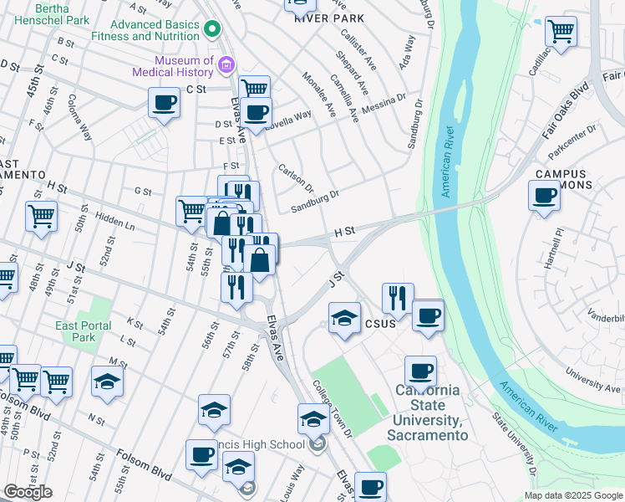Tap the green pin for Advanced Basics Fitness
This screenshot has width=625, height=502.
pyautogui.click(x=212, y=29)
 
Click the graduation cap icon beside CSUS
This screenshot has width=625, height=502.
pyautogui.click(x=343, y=319)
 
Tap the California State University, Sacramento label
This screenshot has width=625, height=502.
pyautogui.click(x=427, y=412)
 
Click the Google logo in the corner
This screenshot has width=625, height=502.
pyautogui.click(x=28, y=492)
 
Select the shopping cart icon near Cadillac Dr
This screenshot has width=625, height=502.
pyautogui.click(x=561, y=32)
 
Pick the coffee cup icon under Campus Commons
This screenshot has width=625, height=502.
pyautogui.click(x=544, y=197)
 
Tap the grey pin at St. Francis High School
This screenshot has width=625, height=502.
pyautogui.click(x=317, y=443)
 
